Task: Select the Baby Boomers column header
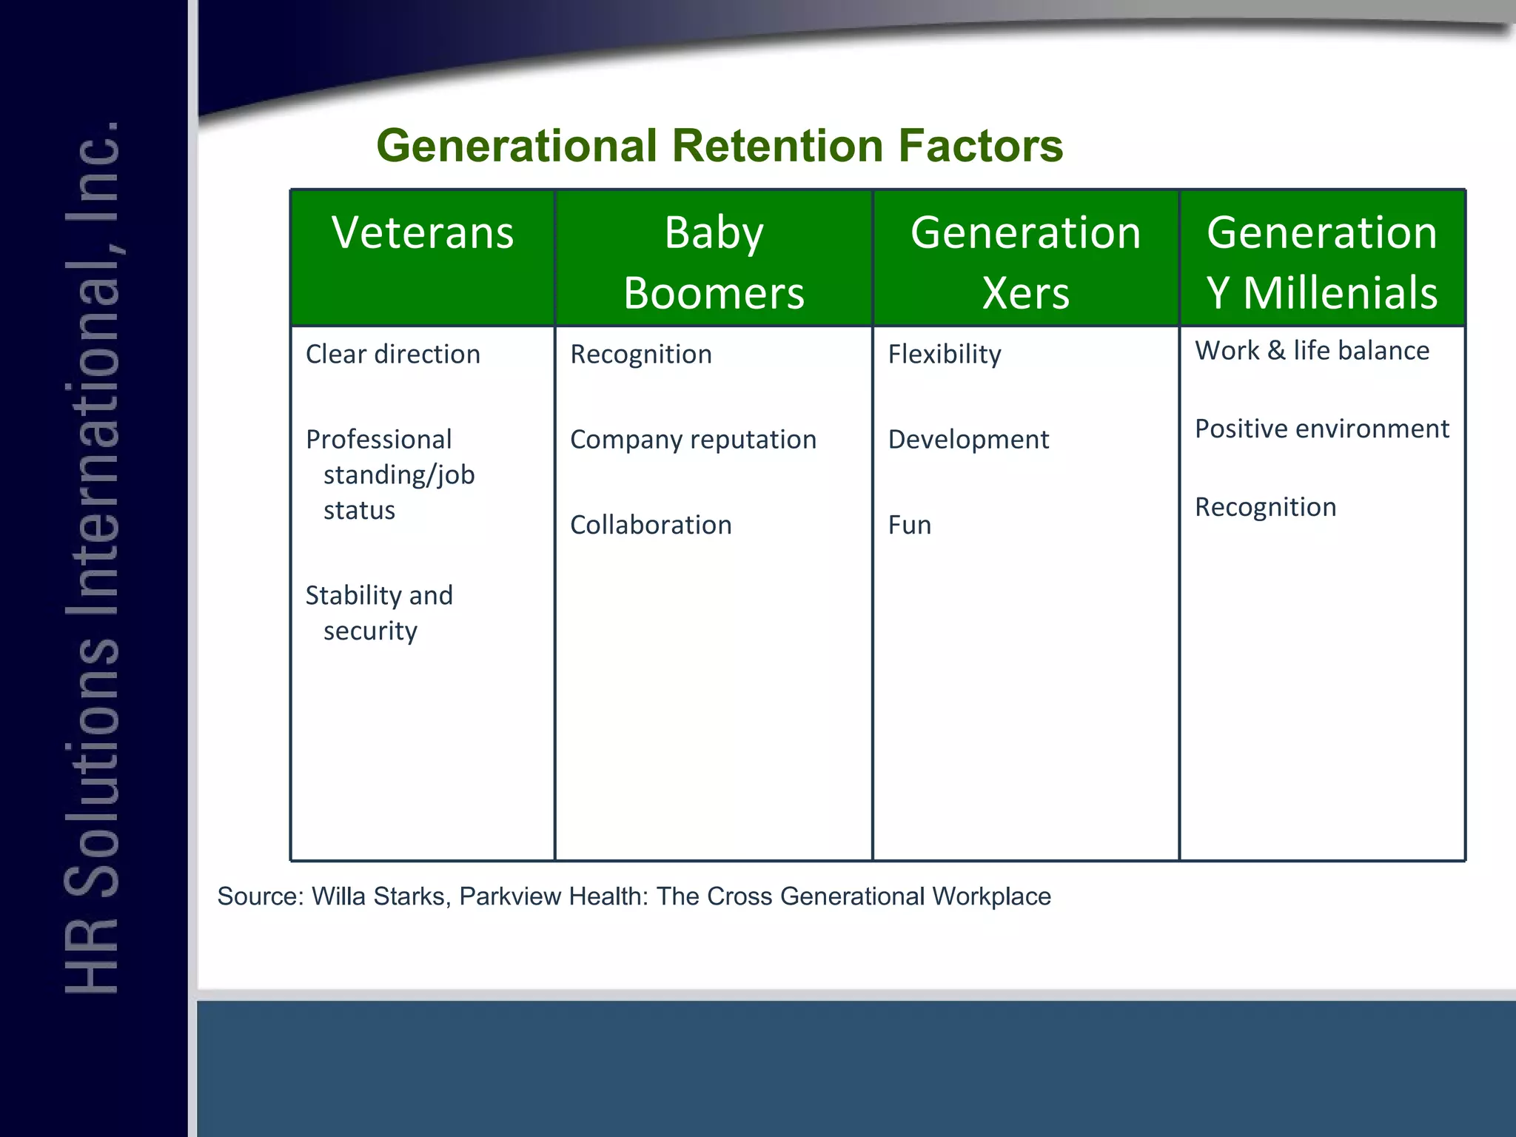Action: [714, 262]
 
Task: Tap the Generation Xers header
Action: [1025, 262]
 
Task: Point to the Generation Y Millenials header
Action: [1322, 262]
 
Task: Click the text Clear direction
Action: [393, 355]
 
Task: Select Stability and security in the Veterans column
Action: [378, 613]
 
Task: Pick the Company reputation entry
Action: [693, 440]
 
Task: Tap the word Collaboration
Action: [651, 525]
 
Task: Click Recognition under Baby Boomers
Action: [641, 355]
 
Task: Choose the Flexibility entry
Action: [945, 355]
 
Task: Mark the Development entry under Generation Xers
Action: [968, 440]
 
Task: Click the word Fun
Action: [910, 525]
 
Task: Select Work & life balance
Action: [1312, 351]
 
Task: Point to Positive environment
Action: [1322, 429]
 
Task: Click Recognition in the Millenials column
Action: [1266, 507]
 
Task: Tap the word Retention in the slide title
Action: [777, 146]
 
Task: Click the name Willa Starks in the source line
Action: [378, 896]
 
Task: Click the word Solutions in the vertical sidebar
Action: [93, 765]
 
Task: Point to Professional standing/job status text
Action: [390, 474]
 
